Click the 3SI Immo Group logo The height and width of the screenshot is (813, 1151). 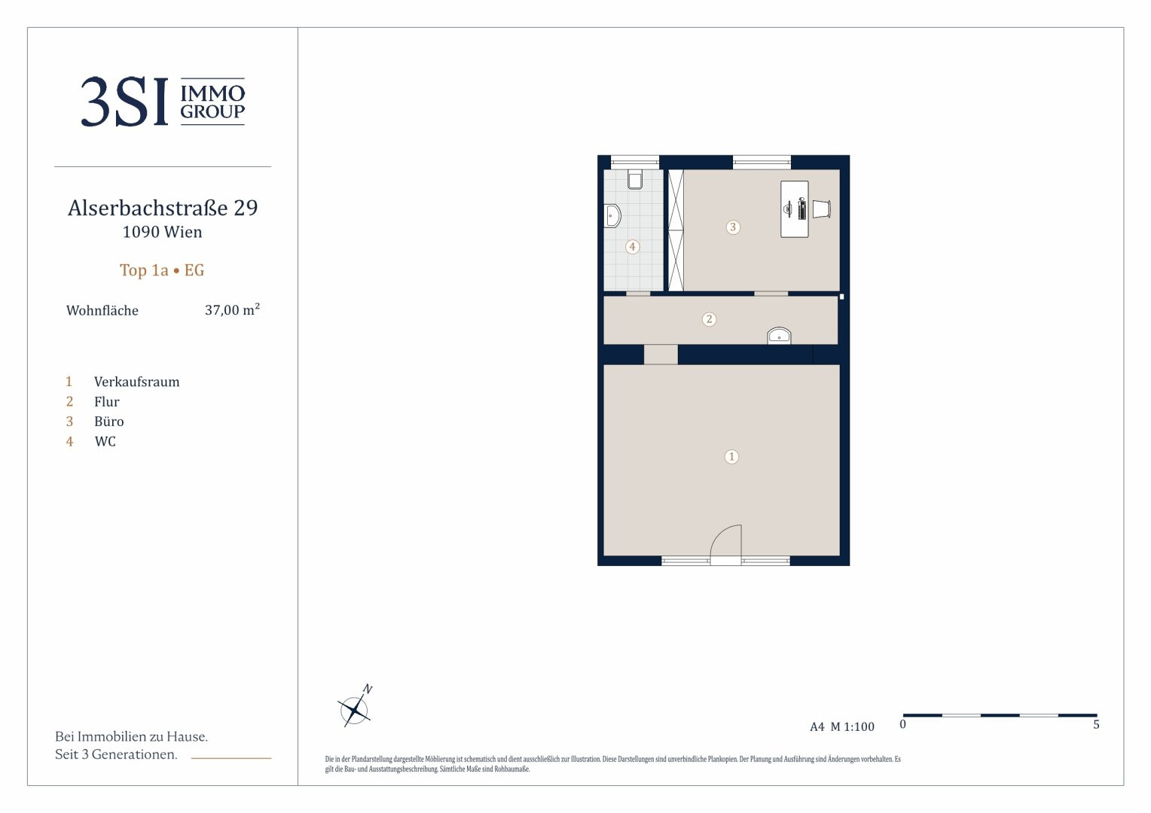click(163, 101)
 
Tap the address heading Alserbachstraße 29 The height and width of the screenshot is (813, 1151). click(163, 208)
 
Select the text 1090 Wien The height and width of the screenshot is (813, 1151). click(163, 232)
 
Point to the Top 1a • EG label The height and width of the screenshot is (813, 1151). click(162, 270)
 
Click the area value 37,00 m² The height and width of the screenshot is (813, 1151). click(232, 309)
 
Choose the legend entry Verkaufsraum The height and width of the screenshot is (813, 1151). click(136, 382)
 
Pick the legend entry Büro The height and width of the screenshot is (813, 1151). click(109, 422)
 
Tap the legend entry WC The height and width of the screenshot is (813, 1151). click(105, 442)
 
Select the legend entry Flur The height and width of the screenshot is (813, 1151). click(106, 402)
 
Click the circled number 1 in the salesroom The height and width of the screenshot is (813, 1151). click(731, 457)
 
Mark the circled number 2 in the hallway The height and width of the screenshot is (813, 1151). click(709, 319)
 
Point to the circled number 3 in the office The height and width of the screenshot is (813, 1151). click(733, 227)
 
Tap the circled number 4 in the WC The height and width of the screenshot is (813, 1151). click(633, 247)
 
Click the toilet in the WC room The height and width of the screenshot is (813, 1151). click(635, 179)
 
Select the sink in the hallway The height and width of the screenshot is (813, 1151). click(779, 336)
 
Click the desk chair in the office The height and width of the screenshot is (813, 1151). click(822, 209)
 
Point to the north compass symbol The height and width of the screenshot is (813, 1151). click(355, 707)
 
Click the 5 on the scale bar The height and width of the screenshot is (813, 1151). click(1096, 725)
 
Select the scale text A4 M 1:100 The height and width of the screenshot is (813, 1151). click(841, 726)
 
